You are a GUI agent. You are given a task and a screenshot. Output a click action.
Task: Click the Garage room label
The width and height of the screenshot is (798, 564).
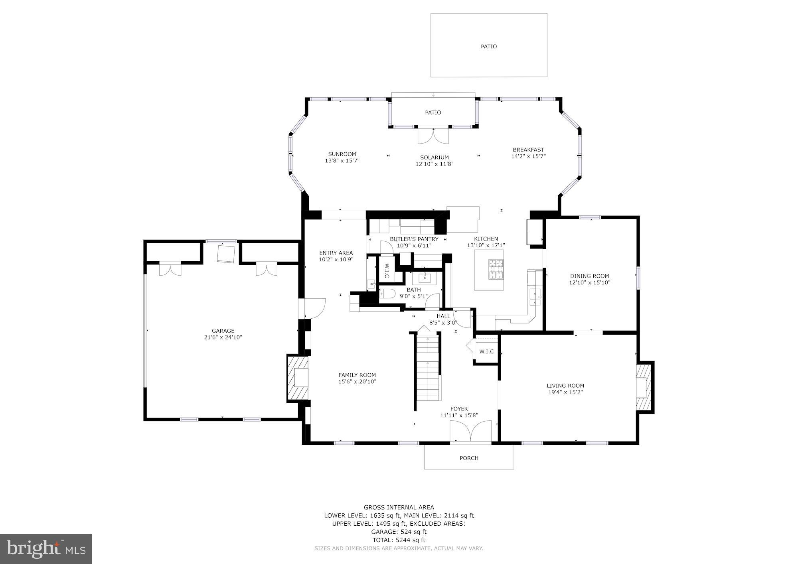(223, 331)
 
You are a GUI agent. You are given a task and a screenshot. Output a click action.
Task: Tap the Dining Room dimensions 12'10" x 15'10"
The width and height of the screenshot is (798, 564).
(589, 283)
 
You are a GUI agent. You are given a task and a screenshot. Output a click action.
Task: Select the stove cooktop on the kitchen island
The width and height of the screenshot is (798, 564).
(496, 269)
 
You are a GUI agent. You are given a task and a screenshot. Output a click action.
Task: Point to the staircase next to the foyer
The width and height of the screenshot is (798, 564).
(429, 367)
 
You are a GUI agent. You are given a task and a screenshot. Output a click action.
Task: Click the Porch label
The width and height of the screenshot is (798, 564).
(469, 458)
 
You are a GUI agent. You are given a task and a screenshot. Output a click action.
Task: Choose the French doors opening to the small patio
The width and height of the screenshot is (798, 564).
(433, 136)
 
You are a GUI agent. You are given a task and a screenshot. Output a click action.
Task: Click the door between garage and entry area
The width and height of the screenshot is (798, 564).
(313, 308)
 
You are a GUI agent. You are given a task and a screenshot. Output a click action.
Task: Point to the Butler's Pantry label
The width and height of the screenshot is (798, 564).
(414, 239)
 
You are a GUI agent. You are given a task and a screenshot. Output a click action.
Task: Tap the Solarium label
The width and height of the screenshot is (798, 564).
(435, 158)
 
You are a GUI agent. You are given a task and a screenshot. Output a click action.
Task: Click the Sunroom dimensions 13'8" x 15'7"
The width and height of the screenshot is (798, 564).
(342, 161)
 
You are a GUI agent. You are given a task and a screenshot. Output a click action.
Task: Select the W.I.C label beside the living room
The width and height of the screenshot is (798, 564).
(486, 351)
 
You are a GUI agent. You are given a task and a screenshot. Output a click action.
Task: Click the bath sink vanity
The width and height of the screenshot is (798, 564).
(425, 277)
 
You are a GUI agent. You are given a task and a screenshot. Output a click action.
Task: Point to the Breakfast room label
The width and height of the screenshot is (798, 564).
(528, 150)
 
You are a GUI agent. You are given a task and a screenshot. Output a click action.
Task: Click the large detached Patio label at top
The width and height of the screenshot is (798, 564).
(489, 46)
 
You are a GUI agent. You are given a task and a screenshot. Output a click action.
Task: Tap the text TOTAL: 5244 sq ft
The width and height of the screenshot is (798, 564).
(399, 540)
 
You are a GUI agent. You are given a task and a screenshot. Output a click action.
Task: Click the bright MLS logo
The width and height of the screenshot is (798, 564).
(46, 549)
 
